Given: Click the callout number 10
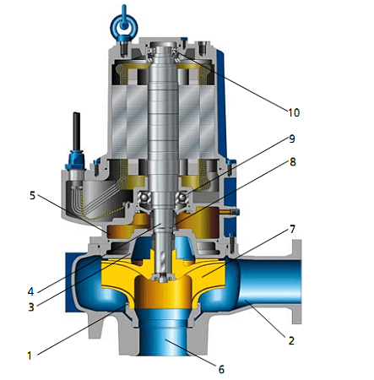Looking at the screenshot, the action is click(x=294, y=112).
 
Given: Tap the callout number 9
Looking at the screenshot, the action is click(x=292, y=138).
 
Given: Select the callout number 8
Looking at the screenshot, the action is click(x=293, y=162).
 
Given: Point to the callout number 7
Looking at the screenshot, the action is click(x=293, y=229).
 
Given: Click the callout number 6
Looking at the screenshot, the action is click(x=221, y=369).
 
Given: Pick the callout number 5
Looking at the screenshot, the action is click(x=32, y=195).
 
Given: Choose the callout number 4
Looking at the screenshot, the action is click(x=30, y=291).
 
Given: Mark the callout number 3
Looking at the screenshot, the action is click(x=31, y=307).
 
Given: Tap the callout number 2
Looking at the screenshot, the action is click(x=291, y=340).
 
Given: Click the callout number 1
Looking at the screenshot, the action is click(x=30, y=356).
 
